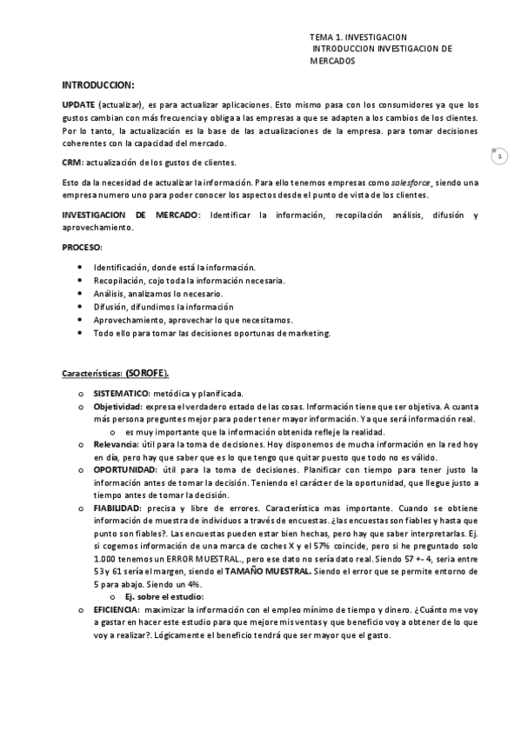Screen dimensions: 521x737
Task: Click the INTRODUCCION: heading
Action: (x=98, y=84)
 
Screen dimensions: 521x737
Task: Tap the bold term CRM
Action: (x=71, y=163)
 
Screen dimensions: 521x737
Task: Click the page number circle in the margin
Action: (x=499, y=157)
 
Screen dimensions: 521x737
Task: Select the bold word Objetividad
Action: (x=117, y=405)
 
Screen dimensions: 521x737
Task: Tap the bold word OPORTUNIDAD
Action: (x=121, y=468)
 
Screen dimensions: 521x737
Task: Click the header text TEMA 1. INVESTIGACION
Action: (x=357, y=38)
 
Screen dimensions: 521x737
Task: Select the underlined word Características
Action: (x=91, y=374)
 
